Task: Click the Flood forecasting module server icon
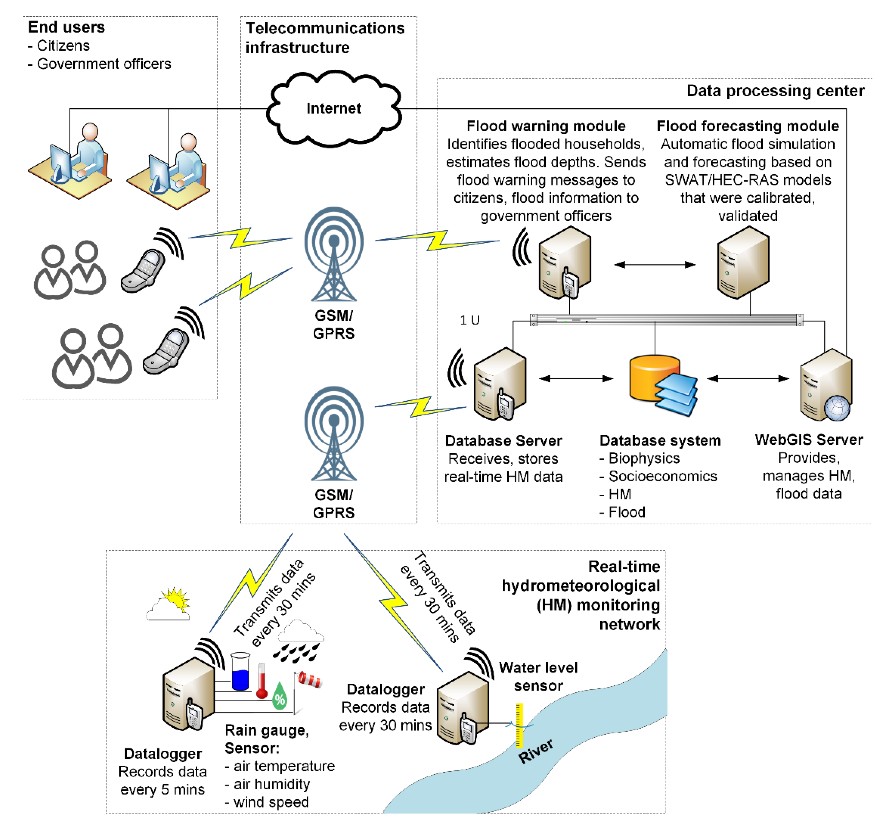743,262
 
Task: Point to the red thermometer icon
261,680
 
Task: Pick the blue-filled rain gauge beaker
240,672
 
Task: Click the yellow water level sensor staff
519,725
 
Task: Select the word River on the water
536,752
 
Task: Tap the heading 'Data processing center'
775,91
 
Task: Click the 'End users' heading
66,27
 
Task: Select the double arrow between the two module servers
655,265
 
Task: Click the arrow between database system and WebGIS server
748,379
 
